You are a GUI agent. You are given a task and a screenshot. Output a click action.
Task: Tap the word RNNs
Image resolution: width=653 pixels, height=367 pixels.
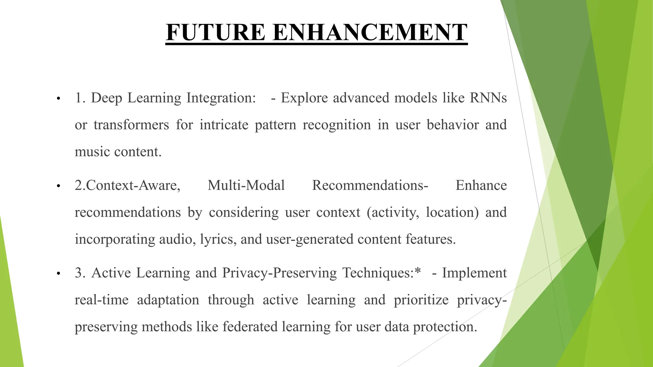[x=488, y=98]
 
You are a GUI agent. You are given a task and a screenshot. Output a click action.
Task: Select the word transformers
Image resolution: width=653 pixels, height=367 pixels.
[x=131, y=125]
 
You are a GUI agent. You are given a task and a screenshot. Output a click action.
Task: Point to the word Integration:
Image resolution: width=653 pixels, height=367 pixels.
[x=221, y=98]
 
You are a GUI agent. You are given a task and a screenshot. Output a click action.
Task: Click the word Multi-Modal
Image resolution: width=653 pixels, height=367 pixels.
[x=246, y=185]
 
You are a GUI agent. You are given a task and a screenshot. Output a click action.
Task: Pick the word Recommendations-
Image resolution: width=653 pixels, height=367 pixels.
[x=370, y=185]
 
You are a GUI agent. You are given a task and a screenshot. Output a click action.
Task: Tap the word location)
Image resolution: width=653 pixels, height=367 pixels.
[x=452, y=212]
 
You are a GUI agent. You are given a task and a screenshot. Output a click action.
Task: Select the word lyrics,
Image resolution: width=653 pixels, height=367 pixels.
[x=218, y=239]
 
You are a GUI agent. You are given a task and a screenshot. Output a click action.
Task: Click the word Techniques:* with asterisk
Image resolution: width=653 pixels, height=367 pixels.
[x=382, y=273]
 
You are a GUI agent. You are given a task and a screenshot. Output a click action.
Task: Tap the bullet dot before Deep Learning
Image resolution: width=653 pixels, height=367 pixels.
[x=58, y=98]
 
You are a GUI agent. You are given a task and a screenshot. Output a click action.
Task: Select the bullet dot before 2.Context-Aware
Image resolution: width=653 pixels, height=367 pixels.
[x=58, y=186]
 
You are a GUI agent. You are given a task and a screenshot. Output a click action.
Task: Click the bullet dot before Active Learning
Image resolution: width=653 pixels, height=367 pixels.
[x=58, y=274]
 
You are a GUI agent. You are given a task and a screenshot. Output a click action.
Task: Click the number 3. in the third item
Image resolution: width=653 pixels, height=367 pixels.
[x=80, y=273]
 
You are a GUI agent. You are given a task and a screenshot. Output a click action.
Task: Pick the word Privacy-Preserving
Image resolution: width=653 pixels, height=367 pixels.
[x=279, y=273]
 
